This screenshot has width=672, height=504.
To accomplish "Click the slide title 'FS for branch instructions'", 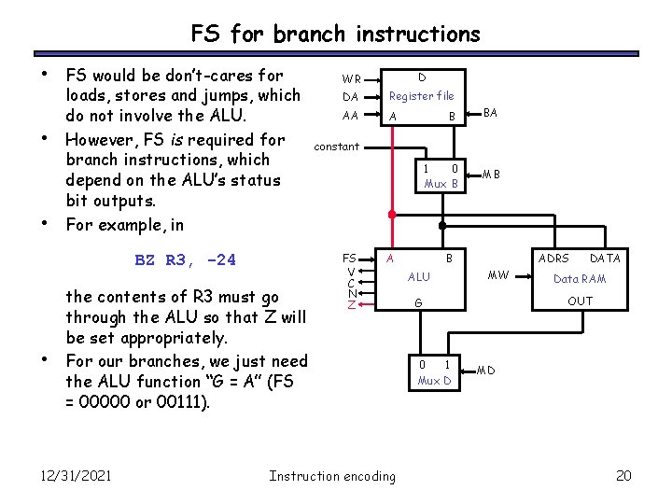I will coord(336,35).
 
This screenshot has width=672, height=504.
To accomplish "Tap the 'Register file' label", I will coord(421,96).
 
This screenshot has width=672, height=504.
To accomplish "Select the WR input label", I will coord(351,79).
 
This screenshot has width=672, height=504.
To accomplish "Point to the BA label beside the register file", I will coord(491,113).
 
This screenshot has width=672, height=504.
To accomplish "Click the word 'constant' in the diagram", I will coord(337,147).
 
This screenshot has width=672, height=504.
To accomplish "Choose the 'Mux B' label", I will coord(441,184).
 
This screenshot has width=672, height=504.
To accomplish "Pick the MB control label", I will coord(491,174).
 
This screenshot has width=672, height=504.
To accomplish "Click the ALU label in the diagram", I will coord(420,277).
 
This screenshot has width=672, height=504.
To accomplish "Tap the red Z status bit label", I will coord(351,305).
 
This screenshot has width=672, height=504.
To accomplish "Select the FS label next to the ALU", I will coord(349,258).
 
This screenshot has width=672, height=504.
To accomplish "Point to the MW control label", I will coord(499,275).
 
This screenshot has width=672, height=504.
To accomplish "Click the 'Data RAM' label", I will coord(580,279).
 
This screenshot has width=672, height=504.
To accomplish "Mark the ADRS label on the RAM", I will coord(554,258).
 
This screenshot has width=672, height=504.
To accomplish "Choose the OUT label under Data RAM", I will coord(580,301).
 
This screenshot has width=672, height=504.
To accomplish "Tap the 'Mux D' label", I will coord(434,381).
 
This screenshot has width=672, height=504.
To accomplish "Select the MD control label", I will coord(486,371).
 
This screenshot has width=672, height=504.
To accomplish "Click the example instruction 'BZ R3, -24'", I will coord(186,260).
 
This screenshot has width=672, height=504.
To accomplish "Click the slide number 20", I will coord(624,476).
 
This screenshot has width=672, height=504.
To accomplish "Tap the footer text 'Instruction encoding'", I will coord(332,476).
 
